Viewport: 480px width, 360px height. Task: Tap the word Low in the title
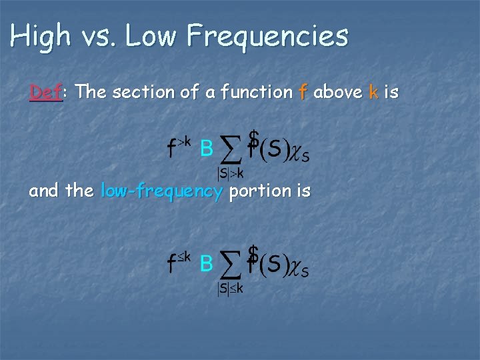(x=151, y=36)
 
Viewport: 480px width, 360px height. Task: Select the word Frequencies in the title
(x=267, y=36)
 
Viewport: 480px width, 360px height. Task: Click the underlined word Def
(x=45, y=93)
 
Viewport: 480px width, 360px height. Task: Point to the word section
(x=139, y=93)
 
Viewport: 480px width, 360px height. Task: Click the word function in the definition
(x=253, y=93)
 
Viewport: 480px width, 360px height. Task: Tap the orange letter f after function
(x=303, y=93)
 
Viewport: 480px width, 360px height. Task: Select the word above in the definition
(x=338, y=93)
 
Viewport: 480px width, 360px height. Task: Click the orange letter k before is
(x=373, y=93)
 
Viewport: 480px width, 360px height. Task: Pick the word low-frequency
(x=161, y=191)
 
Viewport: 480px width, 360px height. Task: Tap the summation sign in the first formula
(x=230, y=151)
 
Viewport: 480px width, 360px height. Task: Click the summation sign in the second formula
(x=230, y=265)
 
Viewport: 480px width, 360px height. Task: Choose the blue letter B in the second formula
(x=207, y=265)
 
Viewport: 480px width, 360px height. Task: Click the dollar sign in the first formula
(x=253, y=138)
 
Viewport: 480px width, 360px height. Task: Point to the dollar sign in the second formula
(x=253, y=253)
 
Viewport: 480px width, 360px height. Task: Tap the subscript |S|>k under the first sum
(x=230, y=173)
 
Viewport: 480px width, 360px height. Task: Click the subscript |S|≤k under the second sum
(x=230, y=288)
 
